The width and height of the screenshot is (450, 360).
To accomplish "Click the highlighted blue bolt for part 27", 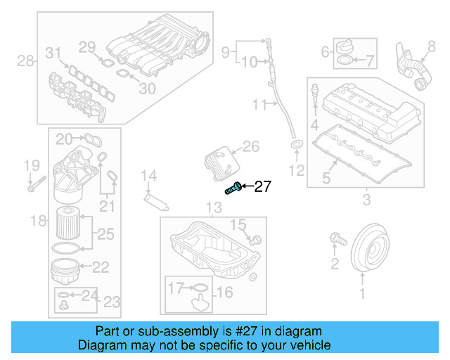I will pyautogui.click(x=233, y=188).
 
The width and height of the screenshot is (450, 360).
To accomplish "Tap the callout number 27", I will pyautogui.click(x=262, y=186).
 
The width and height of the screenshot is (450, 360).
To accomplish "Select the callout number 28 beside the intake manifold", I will pyautogui.click(x=25, y=62).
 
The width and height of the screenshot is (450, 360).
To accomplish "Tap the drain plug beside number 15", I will pyautogui.click(x=256, y=240).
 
